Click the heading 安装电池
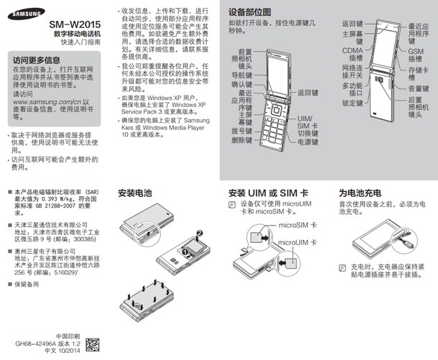click(136, 193)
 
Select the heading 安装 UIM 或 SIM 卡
click(269, 193)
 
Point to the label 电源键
click(307, 142)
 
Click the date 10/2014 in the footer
click(67, 353)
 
